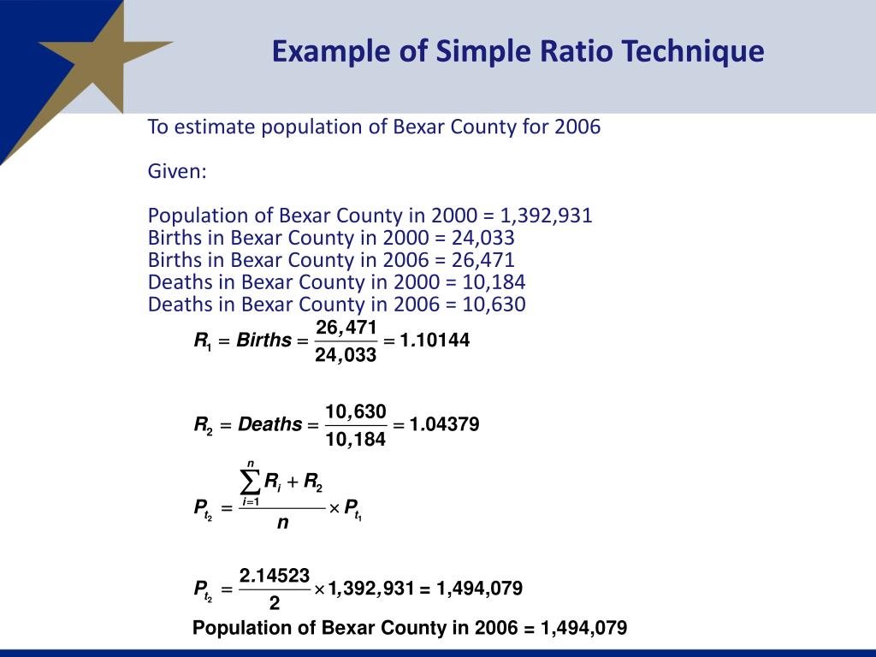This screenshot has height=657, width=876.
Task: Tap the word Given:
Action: click(x=177, y=171)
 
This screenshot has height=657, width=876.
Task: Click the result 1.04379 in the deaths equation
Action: click(x=444, y=424)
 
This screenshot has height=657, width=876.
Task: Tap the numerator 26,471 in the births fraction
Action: click(x=346, y=327)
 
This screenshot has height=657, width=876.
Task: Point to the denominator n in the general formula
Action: click(x=282, y=523)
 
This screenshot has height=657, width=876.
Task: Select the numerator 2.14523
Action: click(x=275, y=575)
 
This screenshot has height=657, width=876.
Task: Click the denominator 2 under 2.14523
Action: click(x=275, y=603)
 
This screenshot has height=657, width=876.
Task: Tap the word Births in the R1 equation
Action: click(x=263, y=340)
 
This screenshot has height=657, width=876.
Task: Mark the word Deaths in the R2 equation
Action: click(x=269, y=424)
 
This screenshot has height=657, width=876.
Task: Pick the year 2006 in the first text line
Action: click(x=577, y=127)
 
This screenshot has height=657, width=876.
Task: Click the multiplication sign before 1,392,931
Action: click(x=319, y=589)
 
